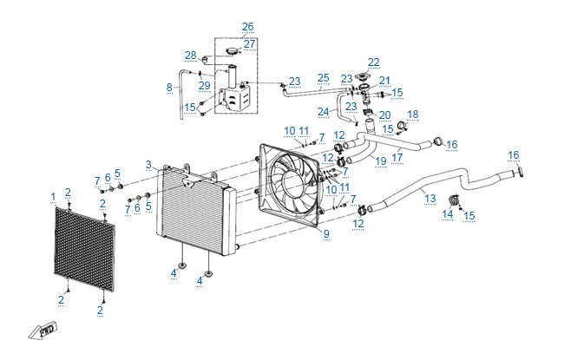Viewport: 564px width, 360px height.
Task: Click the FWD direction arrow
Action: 43,331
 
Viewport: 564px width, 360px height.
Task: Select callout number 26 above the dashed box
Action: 248,27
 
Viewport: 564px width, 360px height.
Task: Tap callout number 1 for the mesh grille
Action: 53,197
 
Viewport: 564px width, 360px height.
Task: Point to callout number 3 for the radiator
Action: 148,165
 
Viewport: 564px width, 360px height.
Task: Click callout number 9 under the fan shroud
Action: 326,233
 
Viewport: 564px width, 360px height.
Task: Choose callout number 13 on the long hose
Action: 430,199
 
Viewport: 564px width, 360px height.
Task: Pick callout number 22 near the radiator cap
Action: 374,62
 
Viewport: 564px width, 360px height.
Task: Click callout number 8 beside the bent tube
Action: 169,88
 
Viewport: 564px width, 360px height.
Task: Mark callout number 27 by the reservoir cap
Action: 249,44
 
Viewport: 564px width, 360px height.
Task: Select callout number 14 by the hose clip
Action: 447,214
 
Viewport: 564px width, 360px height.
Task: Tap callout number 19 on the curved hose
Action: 381,161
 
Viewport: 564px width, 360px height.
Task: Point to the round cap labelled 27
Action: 233,51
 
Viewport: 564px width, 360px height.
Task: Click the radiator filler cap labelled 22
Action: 362,77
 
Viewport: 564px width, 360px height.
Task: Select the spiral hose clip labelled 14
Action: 455,200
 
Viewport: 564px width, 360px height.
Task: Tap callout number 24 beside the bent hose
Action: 323,112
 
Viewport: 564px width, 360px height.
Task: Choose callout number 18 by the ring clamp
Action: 412,115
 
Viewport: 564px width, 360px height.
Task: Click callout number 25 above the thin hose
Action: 323,78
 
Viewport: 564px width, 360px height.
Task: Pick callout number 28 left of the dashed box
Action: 191,56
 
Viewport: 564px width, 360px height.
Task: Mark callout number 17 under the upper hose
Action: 397,158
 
